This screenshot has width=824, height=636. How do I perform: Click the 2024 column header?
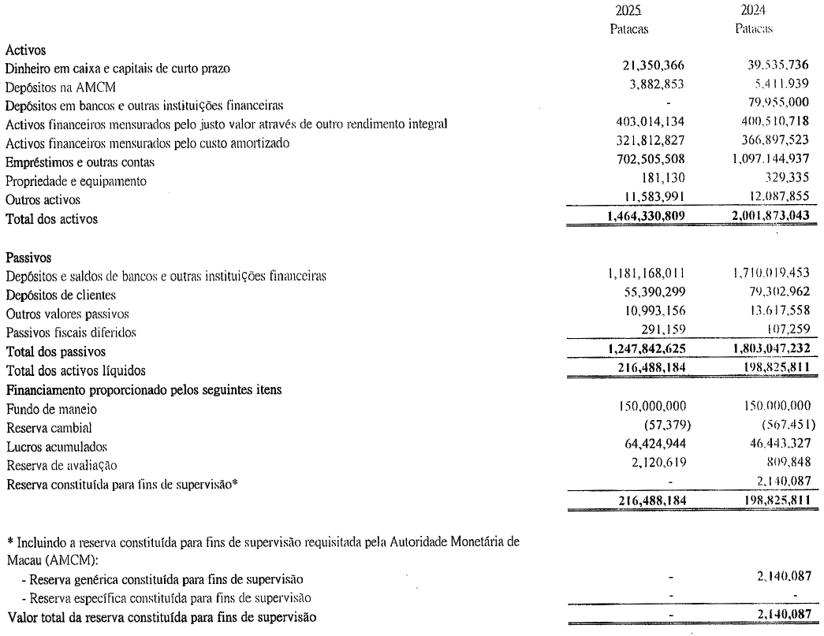point(754,12)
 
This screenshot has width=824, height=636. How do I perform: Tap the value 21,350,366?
point(654,69)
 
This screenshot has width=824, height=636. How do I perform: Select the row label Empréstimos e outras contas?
point(79,162)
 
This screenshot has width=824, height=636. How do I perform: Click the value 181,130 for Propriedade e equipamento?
point(667,180)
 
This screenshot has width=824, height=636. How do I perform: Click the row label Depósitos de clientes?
point(60,295)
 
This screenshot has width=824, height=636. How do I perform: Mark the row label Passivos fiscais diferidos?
point(71,333)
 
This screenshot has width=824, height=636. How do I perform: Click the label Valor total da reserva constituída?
point(162,617)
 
